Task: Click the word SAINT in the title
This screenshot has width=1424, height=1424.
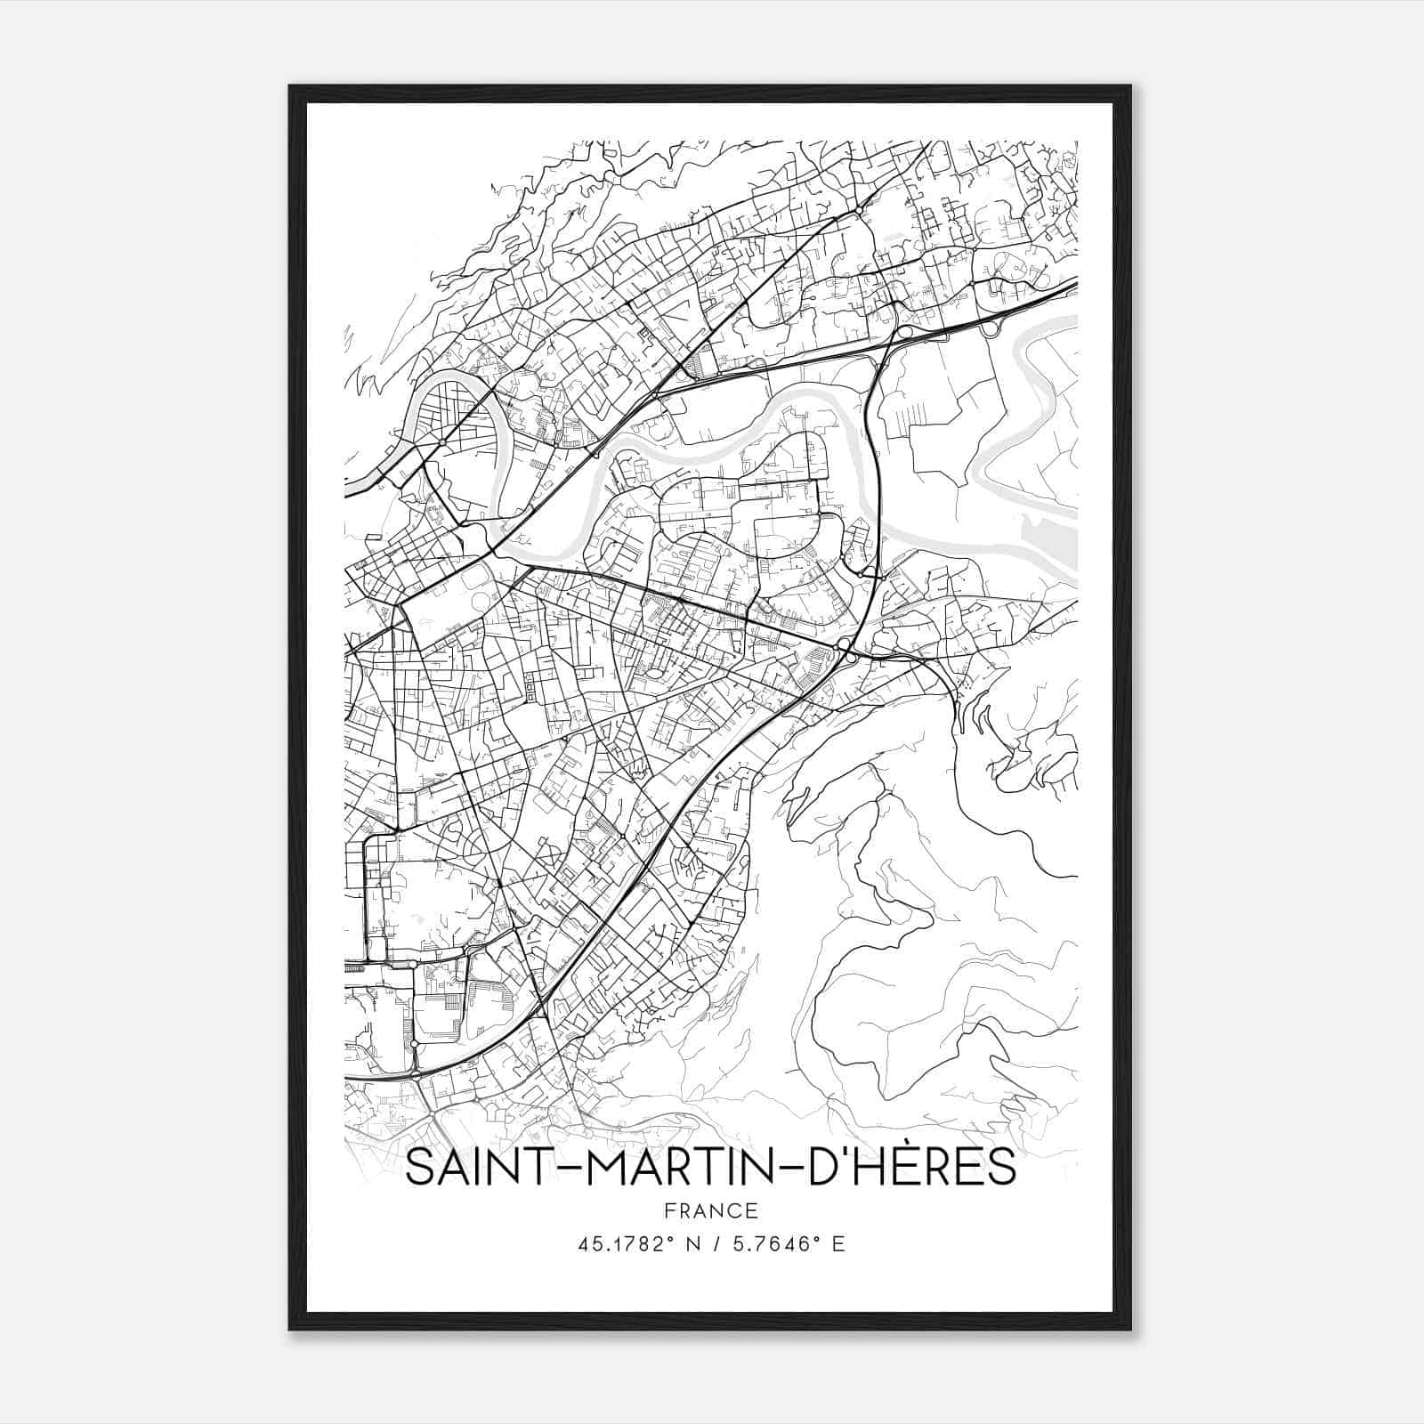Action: click(x=462, y=1169)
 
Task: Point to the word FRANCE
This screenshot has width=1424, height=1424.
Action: click(x=710, y=1211)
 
